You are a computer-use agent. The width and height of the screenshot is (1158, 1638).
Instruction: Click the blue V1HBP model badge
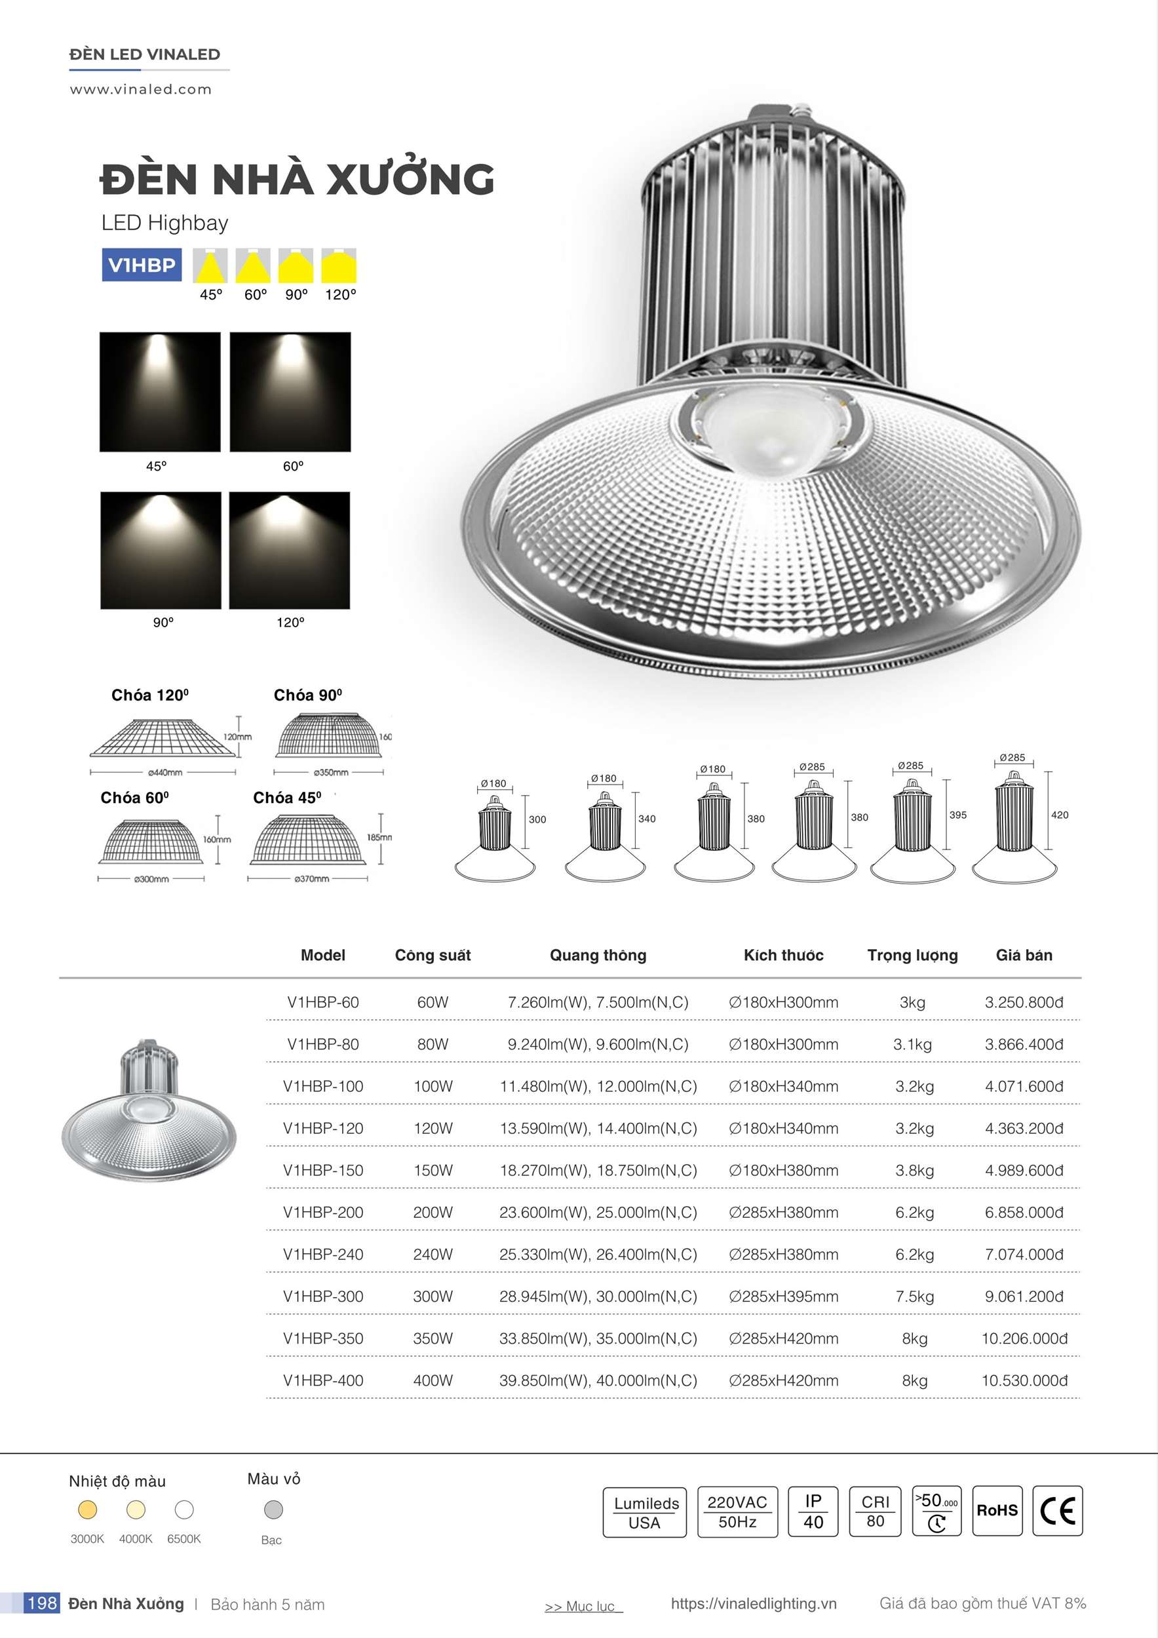point(142,265)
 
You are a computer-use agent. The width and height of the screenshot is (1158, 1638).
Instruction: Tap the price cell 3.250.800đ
point(1024,1002)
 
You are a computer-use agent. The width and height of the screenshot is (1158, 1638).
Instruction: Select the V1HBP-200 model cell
point(322,1212)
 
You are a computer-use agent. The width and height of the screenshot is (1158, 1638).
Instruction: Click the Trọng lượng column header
point(912,955)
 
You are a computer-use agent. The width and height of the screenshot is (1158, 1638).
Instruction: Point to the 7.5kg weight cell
point(914,1297)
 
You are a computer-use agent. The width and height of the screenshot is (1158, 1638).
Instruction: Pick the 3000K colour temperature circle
point(87,1509)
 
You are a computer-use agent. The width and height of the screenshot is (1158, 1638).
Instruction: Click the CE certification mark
point(1057,1510)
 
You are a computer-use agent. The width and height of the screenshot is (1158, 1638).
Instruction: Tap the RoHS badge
point(997,1510)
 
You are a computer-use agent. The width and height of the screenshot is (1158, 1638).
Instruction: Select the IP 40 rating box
point(813,1511)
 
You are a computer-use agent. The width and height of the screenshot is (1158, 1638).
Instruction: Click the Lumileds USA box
point(644,1511)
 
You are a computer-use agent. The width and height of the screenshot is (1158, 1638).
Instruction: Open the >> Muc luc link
point(582,1606)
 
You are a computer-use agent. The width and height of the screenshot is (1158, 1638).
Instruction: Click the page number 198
point(41,1603)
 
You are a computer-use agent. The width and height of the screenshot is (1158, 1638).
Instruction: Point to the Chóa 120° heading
point(150,695)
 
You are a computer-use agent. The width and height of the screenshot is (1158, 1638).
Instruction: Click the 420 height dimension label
point(1060,815)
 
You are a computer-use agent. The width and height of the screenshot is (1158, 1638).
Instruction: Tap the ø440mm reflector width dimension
point(164,772)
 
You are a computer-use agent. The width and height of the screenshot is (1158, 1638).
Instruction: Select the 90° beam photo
point(161,550)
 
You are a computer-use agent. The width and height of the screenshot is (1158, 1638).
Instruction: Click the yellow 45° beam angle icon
point(210,266)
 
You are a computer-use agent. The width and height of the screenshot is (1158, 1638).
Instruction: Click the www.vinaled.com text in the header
point(140,90)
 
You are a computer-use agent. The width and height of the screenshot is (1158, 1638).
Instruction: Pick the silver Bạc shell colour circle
point(273,1509)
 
